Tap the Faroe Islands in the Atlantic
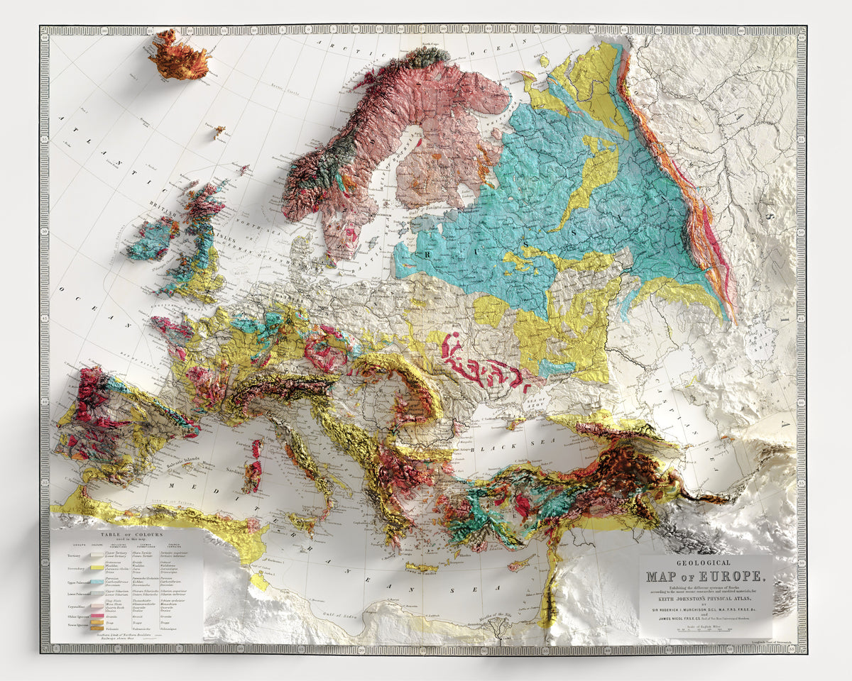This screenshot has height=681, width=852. coord(219,131)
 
